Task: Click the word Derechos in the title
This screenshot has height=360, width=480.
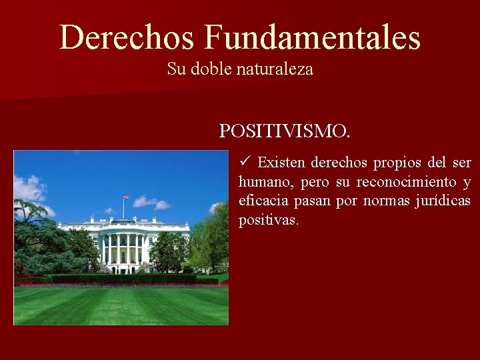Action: click(127, 37)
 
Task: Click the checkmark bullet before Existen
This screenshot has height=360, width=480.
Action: click(245, 162)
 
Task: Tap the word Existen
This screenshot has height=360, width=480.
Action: click(281, 163)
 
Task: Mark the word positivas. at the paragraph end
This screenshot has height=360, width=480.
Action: click(269, 220)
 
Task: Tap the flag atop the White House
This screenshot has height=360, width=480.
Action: click(125, 197)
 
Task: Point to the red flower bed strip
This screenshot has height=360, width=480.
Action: click(120, 285)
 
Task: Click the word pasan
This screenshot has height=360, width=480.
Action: click(313, 201)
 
